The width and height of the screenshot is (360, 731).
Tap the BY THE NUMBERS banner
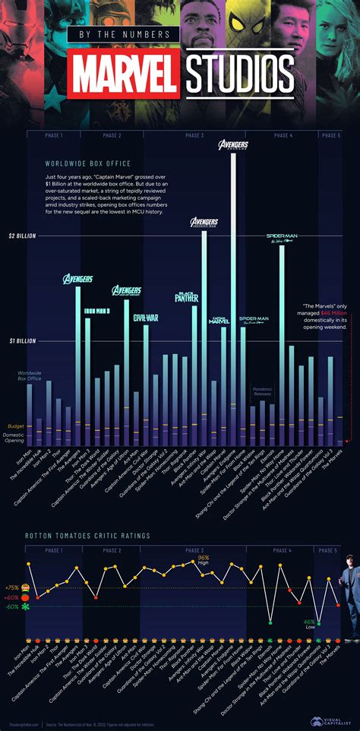point(123,35)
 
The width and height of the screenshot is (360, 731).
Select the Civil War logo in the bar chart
point(146,318)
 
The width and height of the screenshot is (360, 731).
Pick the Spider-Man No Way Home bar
point(282,342)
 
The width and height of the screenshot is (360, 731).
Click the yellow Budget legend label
point(15,426)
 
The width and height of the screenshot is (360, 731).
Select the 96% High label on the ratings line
point(204,559)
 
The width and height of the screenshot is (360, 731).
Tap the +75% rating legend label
point(12,587)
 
